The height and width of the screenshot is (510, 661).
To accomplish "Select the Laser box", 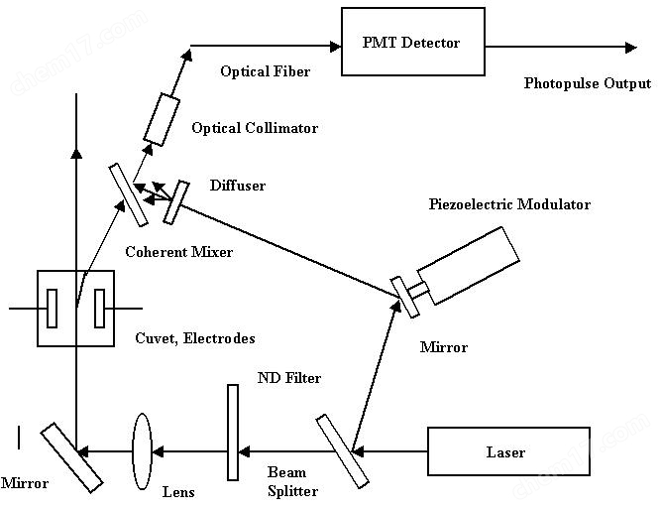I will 507,453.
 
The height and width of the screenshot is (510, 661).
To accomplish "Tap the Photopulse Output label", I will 587,82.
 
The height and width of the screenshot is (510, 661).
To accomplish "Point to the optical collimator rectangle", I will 163,118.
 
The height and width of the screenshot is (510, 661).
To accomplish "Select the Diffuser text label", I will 238,186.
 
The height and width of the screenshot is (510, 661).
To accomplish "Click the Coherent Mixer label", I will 179,252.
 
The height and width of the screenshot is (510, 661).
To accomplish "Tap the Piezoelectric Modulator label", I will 509,205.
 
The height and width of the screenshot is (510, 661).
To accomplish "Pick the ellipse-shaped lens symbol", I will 141,451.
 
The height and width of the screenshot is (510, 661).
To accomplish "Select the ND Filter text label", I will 289,378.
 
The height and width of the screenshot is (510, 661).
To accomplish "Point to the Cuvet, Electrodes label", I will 194,338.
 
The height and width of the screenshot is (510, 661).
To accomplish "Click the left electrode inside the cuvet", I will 53,308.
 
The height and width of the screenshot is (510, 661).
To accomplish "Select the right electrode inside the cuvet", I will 99,308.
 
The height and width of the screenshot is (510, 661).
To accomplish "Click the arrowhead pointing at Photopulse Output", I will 629,46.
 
